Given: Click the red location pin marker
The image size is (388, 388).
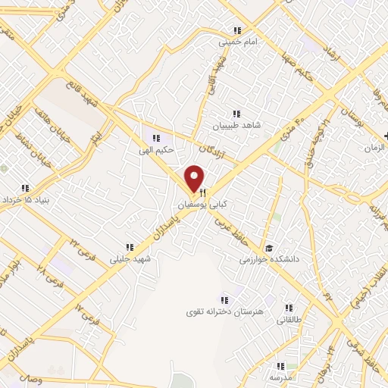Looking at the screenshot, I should [195, 178].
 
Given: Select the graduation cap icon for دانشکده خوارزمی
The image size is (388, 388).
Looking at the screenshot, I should [268, 249].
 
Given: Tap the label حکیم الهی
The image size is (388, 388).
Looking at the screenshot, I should [158, 149].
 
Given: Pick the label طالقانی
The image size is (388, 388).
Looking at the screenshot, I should [289, 320].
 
